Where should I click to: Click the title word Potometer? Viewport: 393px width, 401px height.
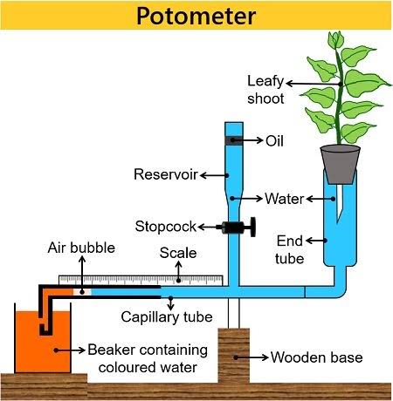point(196,16)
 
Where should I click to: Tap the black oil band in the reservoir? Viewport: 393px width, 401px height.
point(233,140)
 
